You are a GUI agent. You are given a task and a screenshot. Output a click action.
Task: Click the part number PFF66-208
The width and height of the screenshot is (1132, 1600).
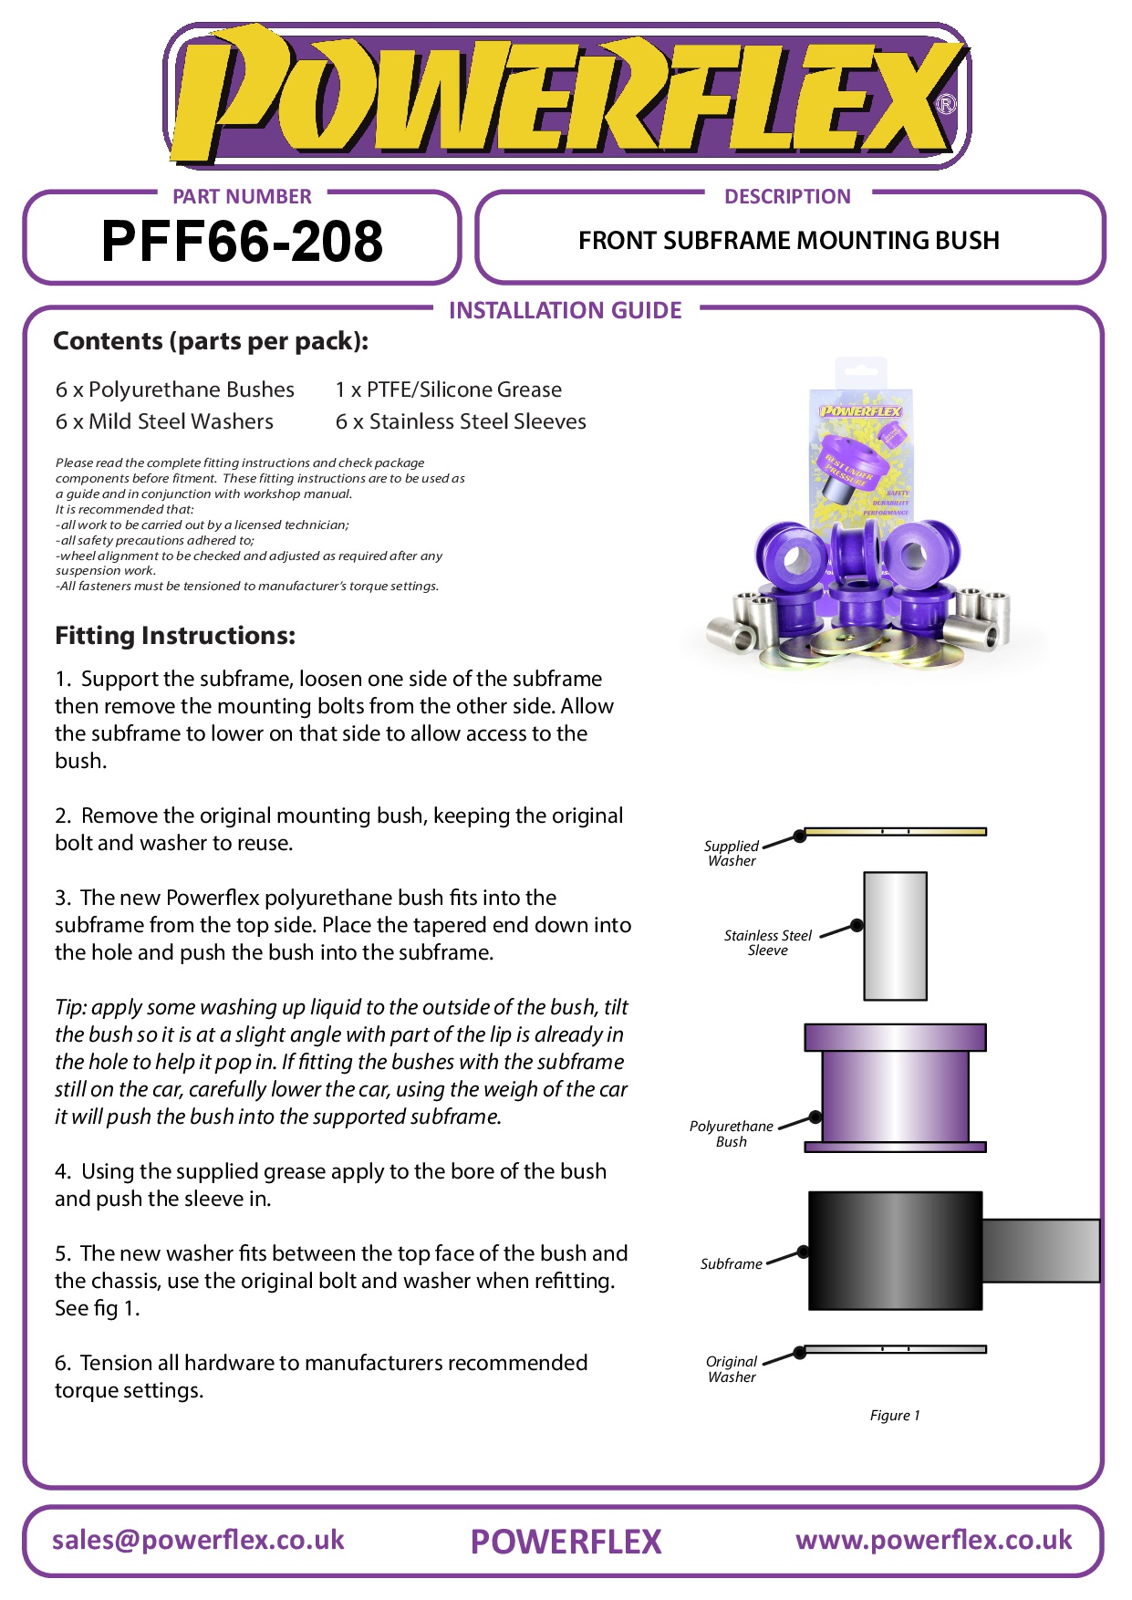pos(242,242)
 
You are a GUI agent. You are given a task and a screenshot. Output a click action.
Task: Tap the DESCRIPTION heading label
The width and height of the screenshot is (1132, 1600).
pos(787,196)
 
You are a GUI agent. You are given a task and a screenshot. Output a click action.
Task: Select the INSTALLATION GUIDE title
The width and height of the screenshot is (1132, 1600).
pos(565,311)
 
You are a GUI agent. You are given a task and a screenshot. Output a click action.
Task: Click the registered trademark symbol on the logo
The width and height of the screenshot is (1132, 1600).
pos(946,104)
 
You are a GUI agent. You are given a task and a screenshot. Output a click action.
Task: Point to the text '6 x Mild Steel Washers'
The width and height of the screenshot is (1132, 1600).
pos(164,421)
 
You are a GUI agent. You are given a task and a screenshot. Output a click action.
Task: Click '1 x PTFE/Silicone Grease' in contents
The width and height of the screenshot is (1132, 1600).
pos(448,390)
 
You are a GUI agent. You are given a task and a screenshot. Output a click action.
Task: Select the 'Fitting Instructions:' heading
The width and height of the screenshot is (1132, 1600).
pos(175,636)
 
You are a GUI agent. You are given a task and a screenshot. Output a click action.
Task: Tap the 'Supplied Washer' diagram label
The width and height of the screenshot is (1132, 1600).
pos(732,853)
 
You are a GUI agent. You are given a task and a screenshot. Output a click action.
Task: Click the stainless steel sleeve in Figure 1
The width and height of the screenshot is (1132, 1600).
pos(895,936)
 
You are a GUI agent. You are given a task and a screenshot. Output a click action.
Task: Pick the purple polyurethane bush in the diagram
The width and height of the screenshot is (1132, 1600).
pos(895,1087)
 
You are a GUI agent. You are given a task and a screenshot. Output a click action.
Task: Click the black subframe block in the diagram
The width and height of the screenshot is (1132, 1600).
pos(895,1251)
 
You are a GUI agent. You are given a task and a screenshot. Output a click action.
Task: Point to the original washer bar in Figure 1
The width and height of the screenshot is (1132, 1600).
pos(895,1349)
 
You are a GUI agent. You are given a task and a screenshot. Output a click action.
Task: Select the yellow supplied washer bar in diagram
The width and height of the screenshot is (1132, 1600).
pos(895,831)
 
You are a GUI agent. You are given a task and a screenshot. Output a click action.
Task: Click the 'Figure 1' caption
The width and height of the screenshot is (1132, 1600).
pos(895,1416)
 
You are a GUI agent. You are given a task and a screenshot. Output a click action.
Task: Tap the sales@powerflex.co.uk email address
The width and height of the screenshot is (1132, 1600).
pos(198,1541)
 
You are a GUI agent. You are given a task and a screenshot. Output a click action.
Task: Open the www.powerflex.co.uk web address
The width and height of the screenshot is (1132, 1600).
pos(933,1541)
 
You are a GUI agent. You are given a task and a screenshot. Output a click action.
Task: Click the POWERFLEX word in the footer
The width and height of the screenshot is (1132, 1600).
pos(566,1543)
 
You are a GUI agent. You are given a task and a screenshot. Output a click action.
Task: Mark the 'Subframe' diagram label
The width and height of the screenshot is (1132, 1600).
pos(731,1264)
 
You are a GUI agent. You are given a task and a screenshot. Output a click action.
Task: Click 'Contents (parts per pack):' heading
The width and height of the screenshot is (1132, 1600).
pos(211,341)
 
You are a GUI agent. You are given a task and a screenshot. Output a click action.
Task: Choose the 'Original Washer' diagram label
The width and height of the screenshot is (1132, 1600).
pos(732,1369)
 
